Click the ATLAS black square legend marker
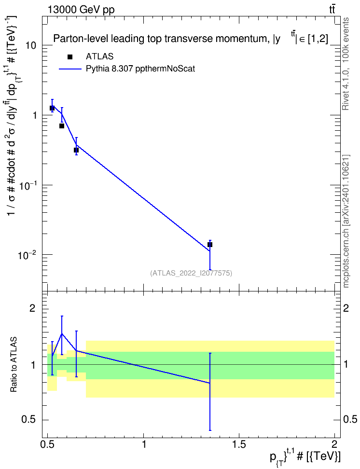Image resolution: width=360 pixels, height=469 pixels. tap(70, 57)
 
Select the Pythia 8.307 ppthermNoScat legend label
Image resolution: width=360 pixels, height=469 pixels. tap(140, 69)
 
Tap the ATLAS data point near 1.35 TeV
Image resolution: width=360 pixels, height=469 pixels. tap(210, 245)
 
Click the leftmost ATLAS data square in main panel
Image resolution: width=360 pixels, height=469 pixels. tap(52, 108)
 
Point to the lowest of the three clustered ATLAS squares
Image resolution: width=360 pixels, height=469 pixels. tap(76, 150)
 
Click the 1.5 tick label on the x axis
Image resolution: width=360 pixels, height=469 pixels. tap(239, 444)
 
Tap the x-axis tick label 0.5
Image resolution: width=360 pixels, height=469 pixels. tap(48, 444)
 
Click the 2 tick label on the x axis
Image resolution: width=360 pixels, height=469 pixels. tap(334, 444)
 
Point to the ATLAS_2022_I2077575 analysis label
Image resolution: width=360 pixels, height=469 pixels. tap(191, 273)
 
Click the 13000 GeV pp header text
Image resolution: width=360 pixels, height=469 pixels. tap(81, 10)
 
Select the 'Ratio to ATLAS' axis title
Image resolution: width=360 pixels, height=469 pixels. tap(14, 365)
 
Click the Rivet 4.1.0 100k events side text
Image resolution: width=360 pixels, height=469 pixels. tap(346, 64)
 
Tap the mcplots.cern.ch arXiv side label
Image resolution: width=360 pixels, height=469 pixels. tap(346, 221)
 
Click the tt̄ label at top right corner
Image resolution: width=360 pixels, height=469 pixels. tap(332, 10)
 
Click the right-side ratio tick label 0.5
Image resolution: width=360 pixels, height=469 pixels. tap(350, 419)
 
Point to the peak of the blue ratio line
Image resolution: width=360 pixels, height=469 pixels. tap(62, 333)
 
